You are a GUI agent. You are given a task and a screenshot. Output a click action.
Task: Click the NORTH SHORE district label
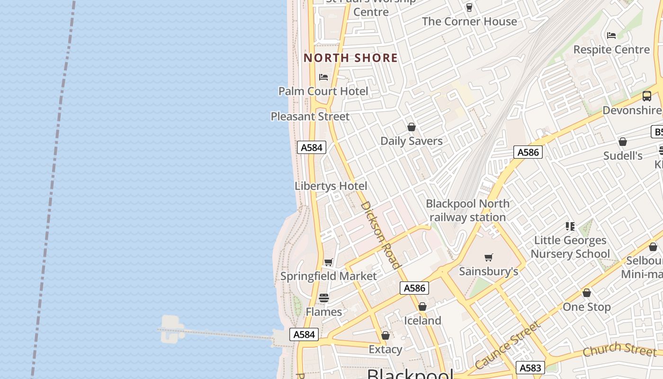click(x=350, y=58)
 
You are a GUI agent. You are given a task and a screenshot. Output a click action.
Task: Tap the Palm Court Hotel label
click(x=323, y=91)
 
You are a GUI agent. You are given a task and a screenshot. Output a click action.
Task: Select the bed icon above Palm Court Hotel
click(x=323, y=77)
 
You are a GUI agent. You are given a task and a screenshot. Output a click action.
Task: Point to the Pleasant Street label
click(x=310, y=116)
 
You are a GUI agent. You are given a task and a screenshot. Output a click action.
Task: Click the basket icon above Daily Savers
click(x=412, y=127)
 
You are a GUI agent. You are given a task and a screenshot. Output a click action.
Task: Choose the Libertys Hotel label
click(x=331, y=186)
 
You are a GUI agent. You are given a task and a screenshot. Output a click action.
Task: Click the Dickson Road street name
click(x=381, y=235)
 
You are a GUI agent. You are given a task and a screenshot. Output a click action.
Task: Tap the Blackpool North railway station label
click(x=468, y=210)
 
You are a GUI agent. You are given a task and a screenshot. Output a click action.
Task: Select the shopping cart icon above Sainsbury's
click(x=489, y=257)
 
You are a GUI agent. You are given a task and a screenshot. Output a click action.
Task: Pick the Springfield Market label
click(x=329, y=276)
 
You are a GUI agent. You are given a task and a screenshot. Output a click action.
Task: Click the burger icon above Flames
click(x=324, y=298)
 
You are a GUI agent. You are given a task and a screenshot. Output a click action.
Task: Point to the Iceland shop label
click(x=422, y=320)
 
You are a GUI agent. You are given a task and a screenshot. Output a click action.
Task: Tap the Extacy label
click(x=385, y=349)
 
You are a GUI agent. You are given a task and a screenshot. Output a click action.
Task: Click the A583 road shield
click(x=530, y=368)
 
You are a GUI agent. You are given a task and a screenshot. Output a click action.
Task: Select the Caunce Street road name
click(x=507, y=345)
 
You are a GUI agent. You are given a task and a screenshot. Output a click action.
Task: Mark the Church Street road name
click(x=620, y=349)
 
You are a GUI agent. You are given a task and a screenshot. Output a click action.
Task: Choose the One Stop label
click(x=586, y=307)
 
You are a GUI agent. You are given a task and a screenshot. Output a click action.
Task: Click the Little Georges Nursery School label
click(x=570, y=247)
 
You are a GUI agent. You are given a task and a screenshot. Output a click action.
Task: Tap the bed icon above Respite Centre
click(x=611, y=36)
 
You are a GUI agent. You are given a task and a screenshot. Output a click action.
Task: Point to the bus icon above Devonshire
click(x=647, y=96)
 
